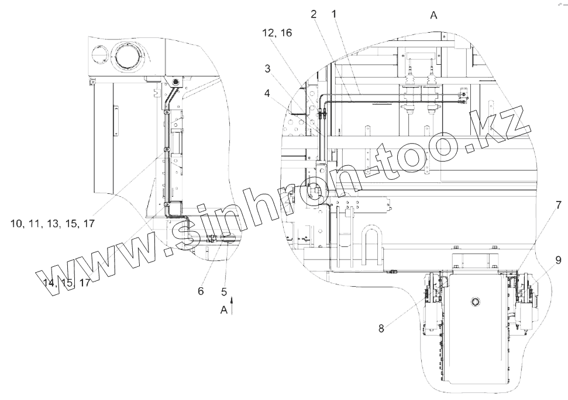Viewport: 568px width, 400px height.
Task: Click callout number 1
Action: [334, 14]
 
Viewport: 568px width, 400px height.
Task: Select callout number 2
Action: [314, 14]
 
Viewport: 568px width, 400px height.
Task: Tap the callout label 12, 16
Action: [277, 33]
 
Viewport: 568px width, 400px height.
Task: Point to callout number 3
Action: [267, 68]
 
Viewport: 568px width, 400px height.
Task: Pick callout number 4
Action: [267, 93]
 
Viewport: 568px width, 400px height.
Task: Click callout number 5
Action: [224, 291]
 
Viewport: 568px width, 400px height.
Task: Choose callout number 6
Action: [201, 291]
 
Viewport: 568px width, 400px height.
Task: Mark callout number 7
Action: [558, 206]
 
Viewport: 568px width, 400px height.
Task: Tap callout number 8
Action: [381, 328]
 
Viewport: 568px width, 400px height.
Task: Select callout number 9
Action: [558, 260]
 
